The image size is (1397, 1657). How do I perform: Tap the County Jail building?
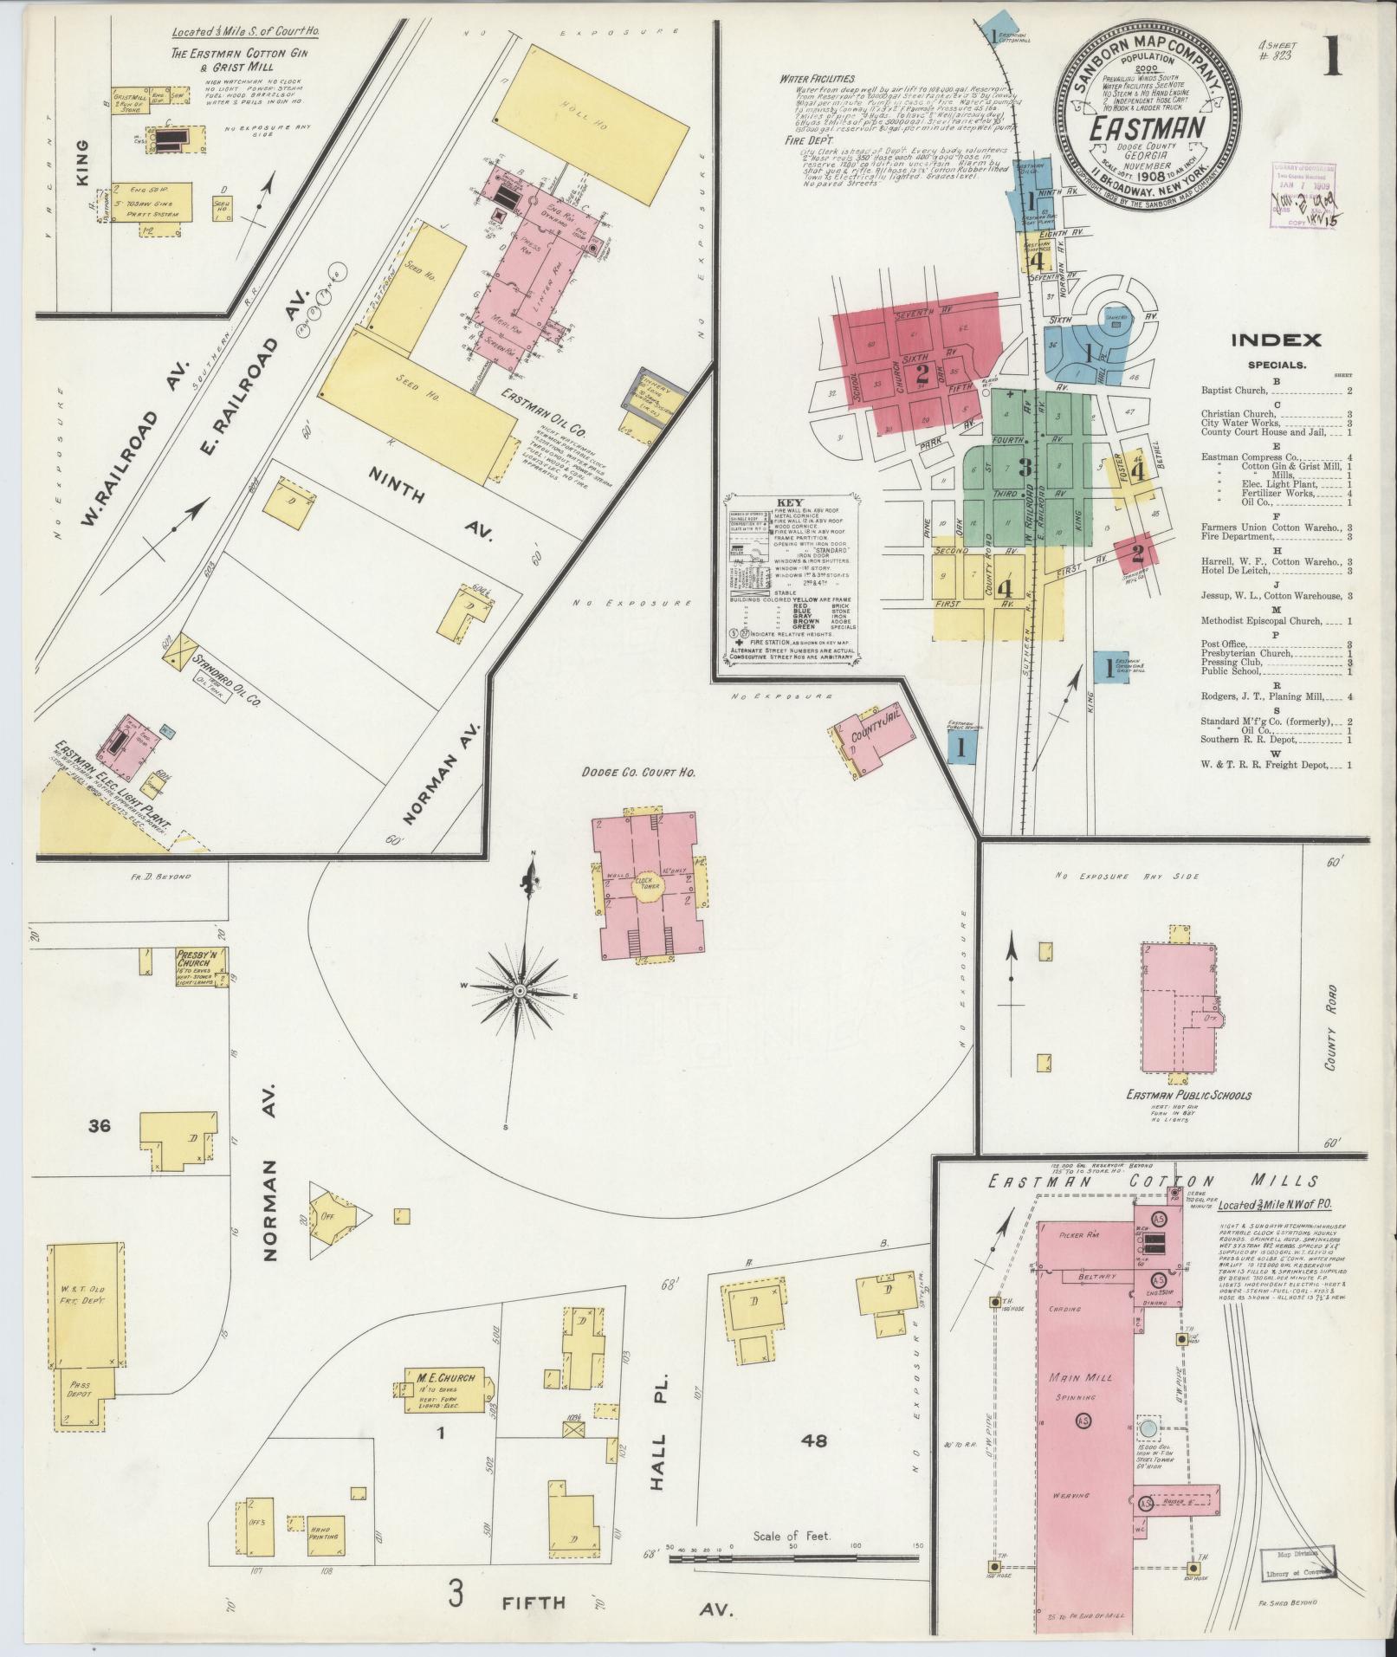pos(875,737)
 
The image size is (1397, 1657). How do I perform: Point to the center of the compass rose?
pos(520,990)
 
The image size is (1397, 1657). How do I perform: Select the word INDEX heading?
pos(1277,340)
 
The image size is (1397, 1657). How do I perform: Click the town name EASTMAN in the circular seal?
pos(1148,128)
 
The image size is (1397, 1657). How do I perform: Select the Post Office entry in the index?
pos(1222,644)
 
